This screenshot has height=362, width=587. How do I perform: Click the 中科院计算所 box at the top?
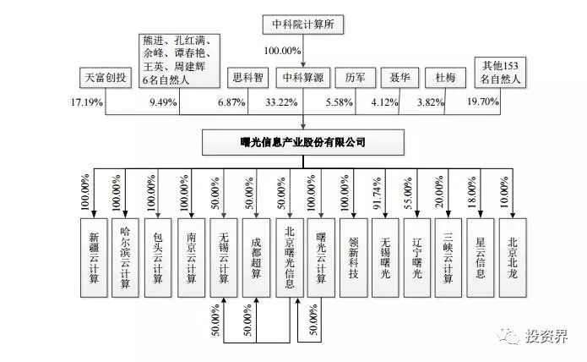pos(304,25)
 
